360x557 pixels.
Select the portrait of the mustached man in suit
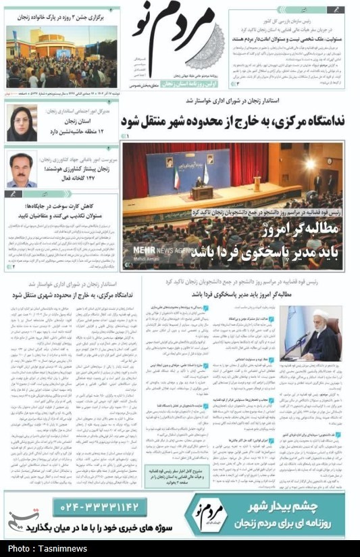tap(22, 169)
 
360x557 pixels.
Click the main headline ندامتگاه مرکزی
tap(234, 122)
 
